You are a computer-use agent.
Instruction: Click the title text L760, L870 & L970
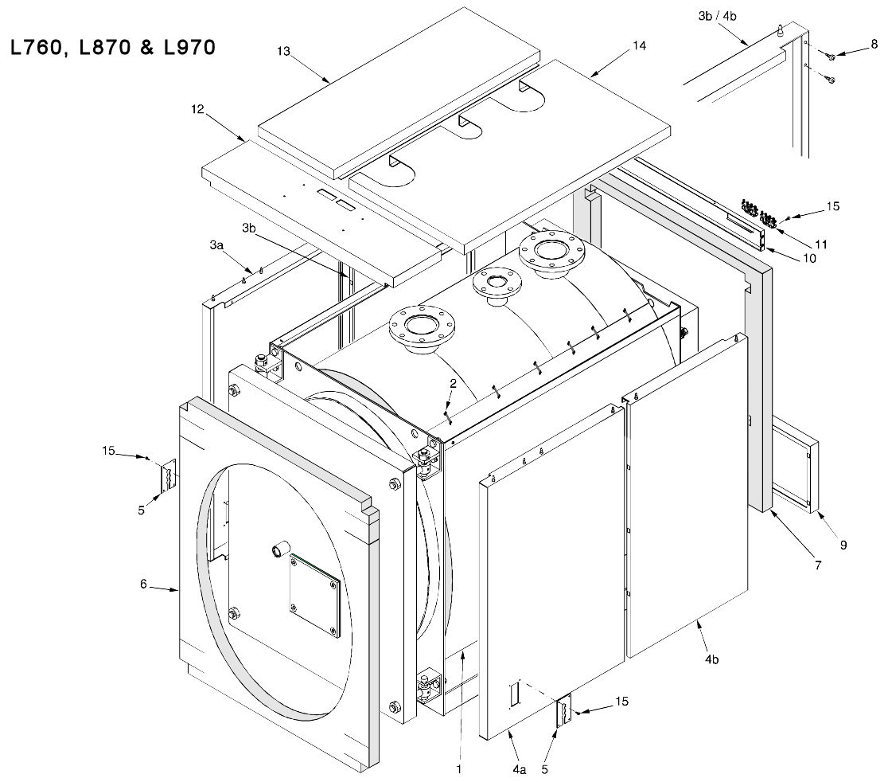[111, 49]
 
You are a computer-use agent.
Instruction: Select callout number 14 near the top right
[638, 46]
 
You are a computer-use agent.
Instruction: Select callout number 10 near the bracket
[808, 258]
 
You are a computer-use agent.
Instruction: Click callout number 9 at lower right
[843, 545]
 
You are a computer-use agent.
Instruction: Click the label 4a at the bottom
[519, 769]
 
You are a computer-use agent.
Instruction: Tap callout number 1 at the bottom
[459, 769]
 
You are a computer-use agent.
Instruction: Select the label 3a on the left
[216, 248]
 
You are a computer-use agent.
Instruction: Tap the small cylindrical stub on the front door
[280, 550]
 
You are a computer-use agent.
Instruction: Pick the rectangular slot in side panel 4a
[514, 692]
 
